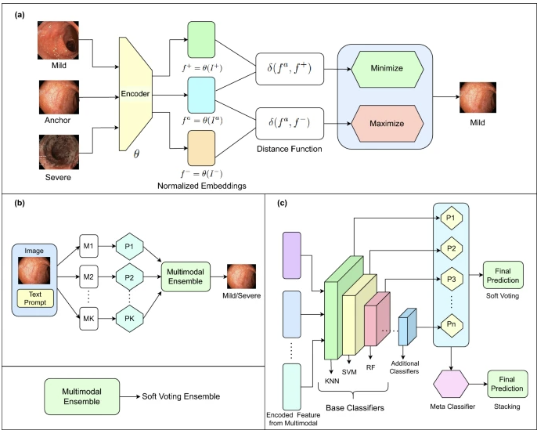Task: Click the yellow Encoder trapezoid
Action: coord(135,93)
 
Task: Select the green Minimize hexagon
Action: coord(387,68)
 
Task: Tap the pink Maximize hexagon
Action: coord(387,124)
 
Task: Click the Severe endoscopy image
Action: coord(59,152)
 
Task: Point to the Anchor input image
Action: coord(59,97)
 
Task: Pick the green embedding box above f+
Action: coord(201,40)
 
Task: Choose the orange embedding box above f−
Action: coord(201,148)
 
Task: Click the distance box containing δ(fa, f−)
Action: coord(290,124)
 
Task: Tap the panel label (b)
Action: coord(20,203)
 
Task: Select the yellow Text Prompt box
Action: coord(35,298)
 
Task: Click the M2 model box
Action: coord(88,276)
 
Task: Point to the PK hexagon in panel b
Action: coord(129,318)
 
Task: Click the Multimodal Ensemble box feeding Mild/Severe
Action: coord(186,276)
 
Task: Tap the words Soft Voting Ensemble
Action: coord(181,396)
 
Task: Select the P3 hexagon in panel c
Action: coord(452,280)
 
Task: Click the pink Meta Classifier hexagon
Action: coord(451,384)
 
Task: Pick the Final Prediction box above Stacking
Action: coord(507,384)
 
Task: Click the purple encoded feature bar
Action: coord(292,255)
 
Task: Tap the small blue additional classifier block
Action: coord(407,327)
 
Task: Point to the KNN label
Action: coord(332,381)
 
